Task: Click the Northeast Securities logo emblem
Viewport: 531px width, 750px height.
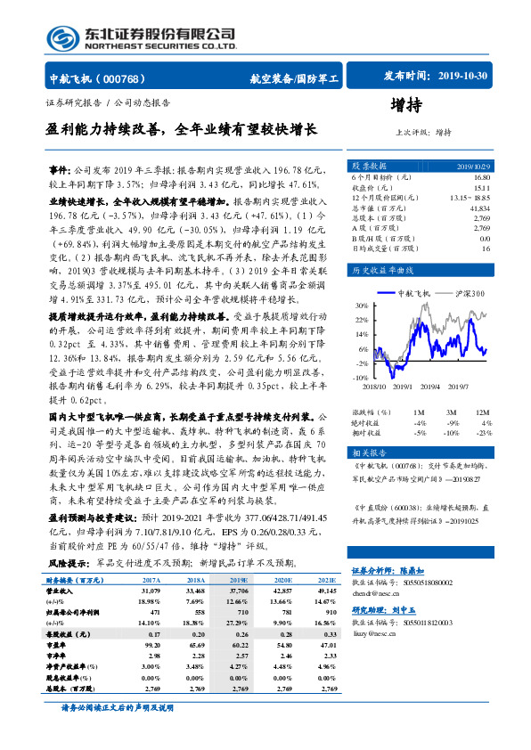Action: [x=64, y=37]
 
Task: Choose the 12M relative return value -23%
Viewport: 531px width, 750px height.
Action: [x=483, y=432]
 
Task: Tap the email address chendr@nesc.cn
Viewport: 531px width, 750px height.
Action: [x=376, y=591]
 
